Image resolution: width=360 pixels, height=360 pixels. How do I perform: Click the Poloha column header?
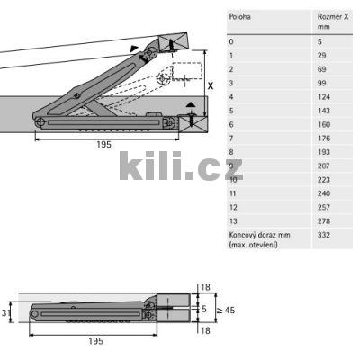point(239,16)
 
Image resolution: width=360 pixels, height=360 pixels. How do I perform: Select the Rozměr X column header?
point(330,21)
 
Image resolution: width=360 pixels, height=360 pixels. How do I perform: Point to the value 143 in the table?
point(323,110)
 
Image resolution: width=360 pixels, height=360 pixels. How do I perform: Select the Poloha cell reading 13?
point(234,220)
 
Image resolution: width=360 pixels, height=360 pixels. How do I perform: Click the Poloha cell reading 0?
point(232,41)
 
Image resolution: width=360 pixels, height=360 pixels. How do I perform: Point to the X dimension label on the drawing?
point(211,86)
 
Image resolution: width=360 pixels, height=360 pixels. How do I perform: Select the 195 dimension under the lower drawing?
point(96,341)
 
